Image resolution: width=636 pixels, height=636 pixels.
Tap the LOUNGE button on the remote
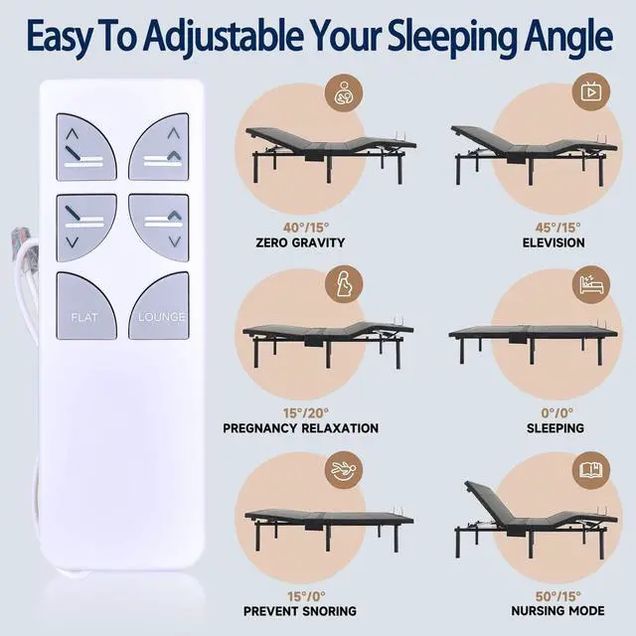click(x=159, y=305)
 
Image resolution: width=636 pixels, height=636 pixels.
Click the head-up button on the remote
click(x=86, y=147)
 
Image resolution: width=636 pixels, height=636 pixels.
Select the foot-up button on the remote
click(x=159, y=147)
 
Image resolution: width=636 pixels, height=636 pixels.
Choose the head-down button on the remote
click(x=86, y=228)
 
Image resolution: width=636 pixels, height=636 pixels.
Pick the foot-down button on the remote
click(x=159, y=228)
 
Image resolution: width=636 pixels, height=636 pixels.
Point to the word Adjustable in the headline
click(x=223, y=37)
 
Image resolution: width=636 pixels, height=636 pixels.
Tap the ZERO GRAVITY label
click(x=300, y=242)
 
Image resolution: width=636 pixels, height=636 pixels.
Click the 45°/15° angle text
click(x=557, y=228)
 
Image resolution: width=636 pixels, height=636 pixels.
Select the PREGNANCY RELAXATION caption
click(x=300, y=428)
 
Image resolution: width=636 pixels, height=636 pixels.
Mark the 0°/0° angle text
click(x=556, y=413)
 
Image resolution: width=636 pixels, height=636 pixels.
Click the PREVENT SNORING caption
click(x=300, y=611)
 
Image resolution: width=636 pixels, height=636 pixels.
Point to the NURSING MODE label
click(x=557, y=610)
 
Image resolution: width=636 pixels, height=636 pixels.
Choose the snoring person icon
click(x=343, y=470)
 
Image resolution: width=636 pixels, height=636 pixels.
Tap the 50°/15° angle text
click(x=558, y=596)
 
